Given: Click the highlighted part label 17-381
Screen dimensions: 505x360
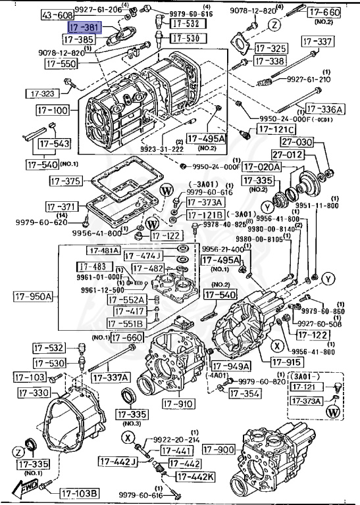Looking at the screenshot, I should (84, 28).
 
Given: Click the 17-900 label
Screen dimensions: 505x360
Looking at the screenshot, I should (218, 449).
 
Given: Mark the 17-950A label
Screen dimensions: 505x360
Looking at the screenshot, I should (32, 296).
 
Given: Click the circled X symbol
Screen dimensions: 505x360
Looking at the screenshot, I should (278, 345).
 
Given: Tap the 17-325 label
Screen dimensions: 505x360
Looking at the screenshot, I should (271, 48).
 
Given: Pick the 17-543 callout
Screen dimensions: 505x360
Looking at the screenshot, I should (53, 143).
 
